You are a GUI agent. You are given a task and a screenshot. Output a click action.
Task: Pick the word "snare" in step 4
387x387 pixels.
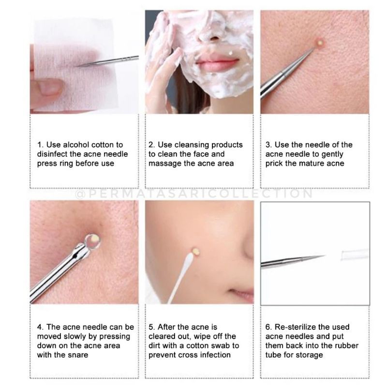79,355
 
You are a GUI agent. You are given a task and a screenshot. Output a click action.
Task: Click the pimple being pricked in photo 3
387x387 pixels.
320,43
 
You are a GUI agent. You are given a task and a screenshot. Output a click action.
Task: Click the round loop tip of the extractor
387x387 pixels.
92,241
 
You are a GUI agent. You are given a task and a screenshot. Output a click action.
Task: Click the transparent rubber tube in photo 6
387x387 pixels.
356,254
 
